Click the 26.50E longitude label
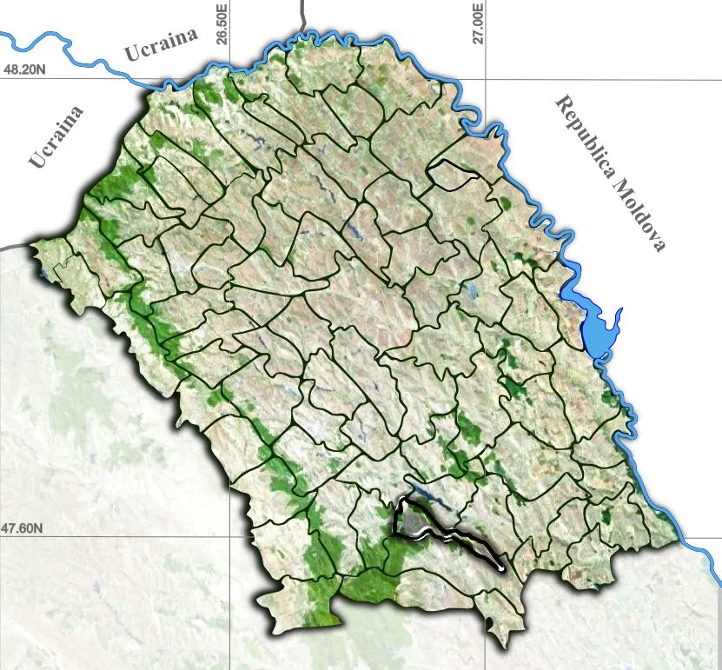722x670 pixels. (x=222, y=24)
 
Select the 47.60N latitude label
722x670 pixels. (x=23, y=527)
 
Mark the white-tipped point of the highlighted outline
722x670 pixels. (x=502, y=568)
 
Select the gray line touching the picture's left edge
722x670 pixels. (x=13, y=248)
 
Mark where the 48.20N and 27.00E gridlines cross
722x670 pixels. (x=485, y=78)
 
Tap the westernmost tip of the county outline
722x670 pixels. (x=32, y=247)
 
